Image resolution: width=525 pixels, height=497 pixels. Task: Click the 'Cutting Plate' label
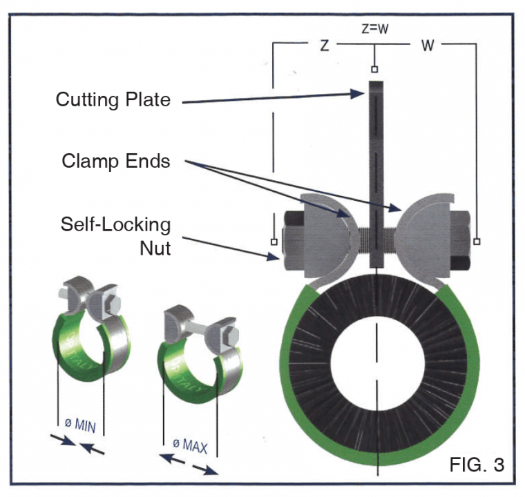[113, 99]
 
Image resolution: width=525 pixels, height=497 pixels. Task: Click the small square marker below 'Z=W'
[375, 70]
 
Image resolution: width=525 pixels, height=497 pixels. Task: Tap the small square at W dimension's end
[477, 242]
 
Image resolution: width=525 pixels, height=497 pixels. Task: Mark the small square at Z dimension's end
[274, 242]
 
